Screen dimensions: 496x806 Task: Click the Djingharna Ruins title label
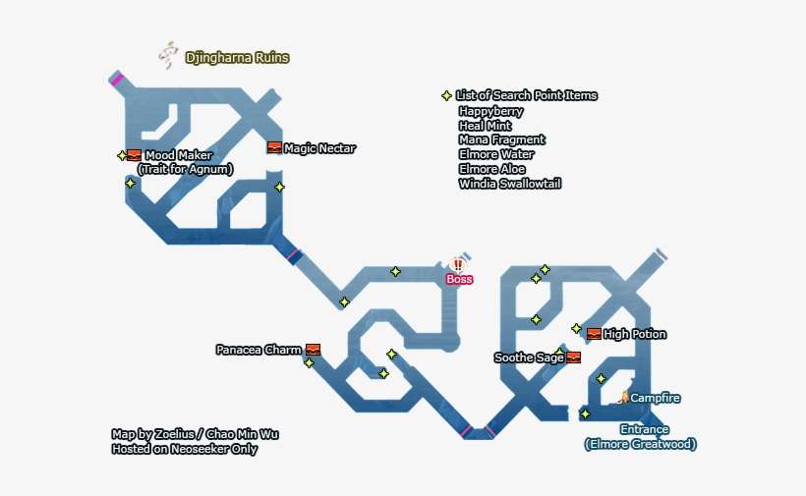click(238, 58)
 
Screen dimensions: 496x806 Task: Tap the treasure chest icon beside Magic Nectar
click(274, 148)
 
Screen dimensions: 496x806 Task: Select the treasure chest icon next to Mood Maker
click(134, 155)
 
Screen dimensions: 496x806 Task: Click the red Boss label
click(459, 279)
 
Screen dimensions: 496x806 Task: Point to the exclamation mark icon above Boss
click(458, 264)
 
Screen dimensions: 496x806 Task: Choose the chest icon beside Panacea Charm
click(313, 350)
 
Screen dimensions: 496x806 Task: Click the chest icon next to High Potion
click(594, 334)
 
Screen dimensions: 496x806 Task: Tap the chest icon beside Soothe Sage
click(574, 358)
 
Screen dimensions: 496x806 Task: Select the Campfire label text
click(655, 398)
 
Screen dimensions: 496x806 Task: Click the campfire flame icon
click(623, 396)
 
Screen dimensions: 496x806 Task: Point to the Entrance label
click(644, 429)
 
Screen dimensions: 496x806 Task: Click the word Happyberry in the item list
click(490, 111)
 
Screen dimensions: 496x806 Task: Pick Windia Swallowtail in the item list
click(509, 184)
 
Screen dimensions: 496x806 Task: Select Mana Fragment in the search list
click(501, 139)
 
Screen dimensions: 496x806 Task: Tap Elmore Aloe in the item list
click(491, 169)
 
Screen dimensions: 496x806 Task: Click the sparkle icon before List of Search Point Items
click(446, 96)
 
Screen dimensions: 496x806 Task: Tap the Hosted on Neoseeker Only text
click(186, 449)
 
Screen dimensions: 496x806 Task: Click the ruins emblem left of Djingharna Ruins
click(168, 55)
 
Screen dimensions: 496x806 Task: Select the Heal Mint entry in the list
click(485, 126)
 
